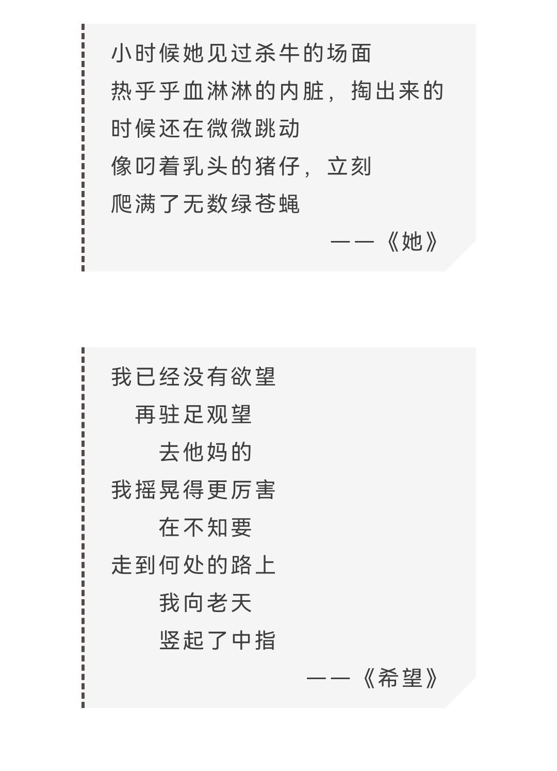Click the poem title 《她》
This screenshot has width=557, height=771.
[412, 242]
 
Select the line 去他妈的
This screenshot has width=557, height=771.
[205, 452]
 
